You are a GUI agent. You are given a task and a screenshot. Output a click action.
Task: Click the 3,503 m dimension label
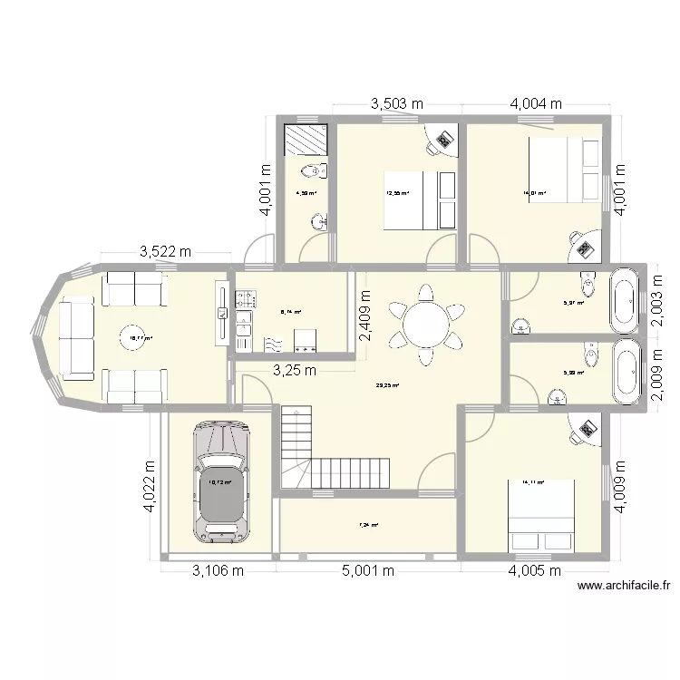(x=397, y=104)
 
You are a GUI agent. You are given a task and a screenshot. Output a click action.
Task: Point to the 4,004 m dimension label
(x=537, y=104)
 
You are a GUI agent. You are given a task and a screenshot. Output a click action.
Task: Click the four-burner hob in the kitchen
(x=245, y=296)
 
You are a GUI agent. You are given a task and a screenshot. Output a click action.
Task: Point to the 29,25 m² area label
(x=388, y=384)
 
